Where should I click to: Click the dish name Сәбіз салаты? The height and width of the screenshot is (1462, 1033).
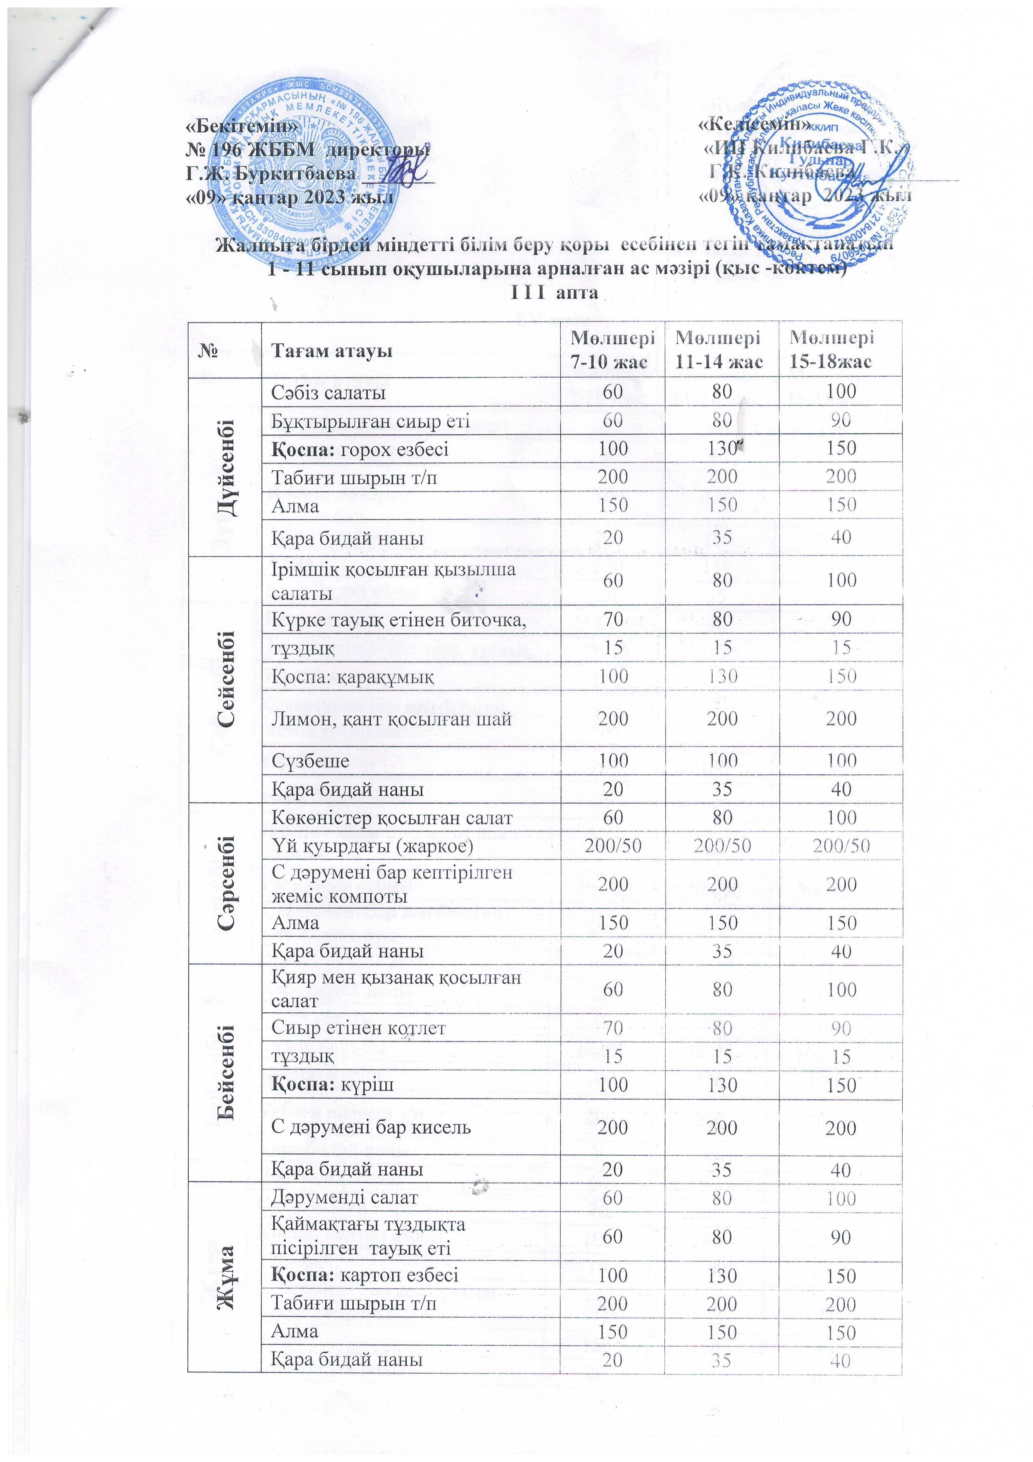(x=328, y=392)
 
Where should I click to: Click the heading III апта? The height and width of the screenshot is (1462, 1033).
(x=554, y=293)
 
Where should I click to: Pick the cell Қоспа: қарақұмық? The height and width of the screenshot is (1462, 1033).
(x=353, y=676)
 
